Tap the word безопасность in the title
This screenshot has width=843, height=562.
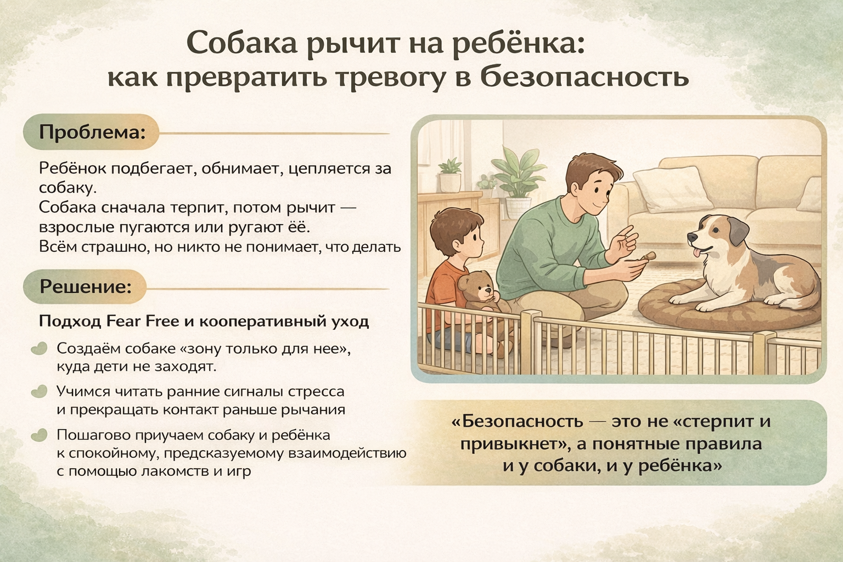coord(585,77)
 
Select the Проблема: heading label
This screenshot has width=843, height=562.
coord(92,132)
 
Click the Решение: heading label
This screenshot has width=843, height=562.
coord(86,286)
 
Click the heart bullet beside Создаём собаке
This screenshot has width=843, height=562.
coord(39,348)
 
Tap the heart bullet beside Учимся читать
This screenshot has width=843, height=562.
coord(39,391)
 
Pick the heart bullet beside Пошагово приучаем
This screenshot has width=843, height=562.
coord(39,435)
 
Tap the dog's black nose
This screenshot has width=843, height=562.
coord(692,237)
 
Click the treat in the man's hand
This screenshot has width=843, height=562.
coord(649,257)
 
